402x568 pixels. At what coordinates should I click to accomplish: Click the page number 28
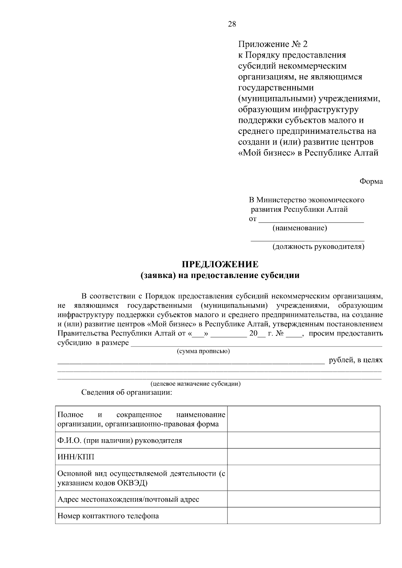(232, 24)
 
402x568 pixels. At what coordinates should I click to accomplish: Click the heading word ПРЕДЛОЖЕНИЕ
(220, 265)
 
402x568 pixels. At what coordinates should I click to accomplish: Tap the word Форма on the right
(371, 181)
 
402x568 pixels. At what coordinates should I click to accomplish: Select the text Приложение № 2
(272, 44)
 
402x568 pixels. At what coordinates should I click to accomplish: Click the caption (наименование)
(299, 228)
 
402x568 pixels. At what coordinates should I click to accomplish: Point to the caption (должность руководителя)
(318, 247)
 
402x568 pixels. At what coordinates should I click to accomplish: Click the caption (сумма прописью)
(203, 351)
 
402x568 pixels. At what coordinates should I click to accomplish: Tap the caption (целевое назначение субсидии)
(195, 384)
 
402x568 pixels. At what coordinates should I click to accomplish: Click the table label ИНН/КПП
(76, 457)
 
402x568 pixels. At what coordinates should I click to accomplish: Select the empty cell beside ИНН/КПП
(304, 457)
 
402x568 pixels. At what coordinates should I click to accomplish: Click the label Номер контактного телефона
(108, 516)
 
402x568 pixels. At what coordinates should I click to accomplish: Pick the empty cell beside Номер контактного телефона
(304, 516)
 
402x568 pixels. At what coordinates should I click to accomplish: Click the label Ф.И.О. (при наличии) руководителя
(120, 441)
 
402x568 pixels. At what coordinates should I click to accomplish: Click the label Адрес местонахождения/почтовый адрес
(128, 499)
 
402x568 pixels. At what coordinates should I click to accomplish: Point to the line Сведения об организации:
(127, 392)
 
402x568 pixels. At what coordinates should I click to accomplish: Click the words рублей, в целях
(355, 360)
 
